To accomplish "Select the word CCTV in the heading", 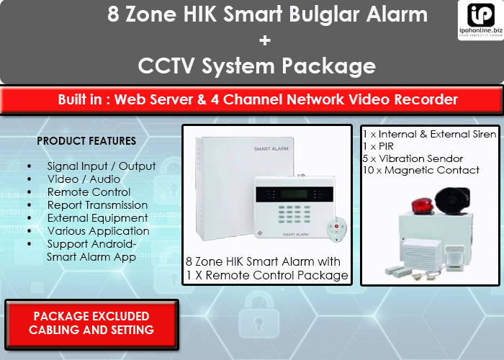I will pyautogui.click(x=168, y=66).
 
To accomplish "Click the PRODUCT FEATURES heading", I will pyautogui.click(x=86, y=140).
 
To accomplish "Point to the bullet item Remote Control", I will pyautogui.click(x=89, y=192).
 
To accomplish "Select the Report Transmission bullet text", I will pyautogui.click(x=97, y=205).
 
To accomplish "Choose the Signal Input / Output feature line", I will pyautogui.click(x=102, y=166).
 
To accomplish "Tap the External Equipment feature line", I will pyautogui.click(x=98, y=218).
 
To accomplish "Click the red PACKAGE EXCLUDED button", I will pyautogui.click(x=91, y=323).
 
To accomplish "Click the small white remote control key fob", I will pyautogui.click(x=333, y=230).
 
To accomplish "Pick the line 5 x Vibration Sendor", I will pyautogui.click(x=413, y=158).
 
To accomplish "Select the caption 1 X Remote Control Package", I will pyautogui.click(x=266, y=275).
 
